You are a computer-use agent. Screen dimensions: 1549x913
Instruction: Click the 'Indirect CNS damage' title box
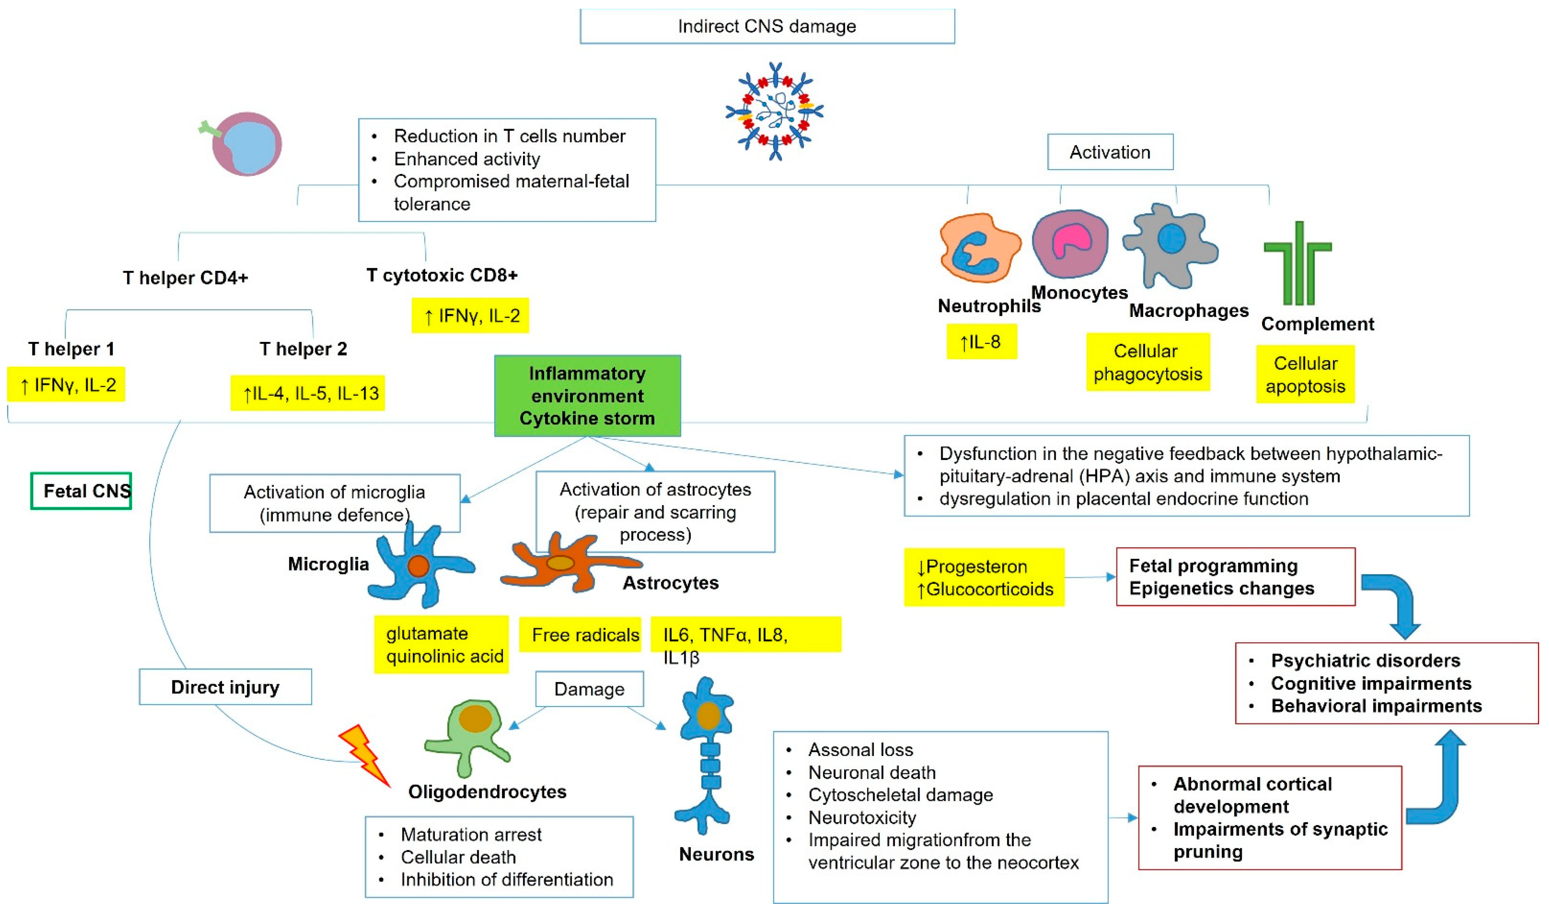pos(767,26)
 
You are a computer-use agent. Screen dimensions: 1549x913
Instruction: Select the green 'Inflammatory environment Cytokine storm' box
pos(587,396)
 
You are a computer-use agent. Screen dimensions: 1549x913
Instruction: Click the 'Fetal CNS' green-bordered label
pos(81,491)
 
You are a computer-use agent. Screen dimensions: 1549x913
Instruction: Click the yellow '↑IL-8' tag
pos(981,342)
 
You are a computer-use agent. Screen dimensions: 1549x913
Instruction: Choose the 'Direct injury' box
pos(225,687)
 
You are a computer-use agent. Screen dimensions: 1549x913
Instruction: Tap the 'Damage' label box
pos(589,689)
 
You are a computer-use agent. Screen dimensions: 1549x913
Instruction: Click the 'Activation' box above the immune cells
pos(1110,152)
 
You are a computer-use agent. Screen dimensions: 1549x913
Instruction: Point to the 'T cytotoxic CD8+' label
pos(442,275)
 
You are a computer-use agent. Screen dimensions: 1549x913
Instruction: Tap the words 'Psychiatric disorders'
pos(1365,661)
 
